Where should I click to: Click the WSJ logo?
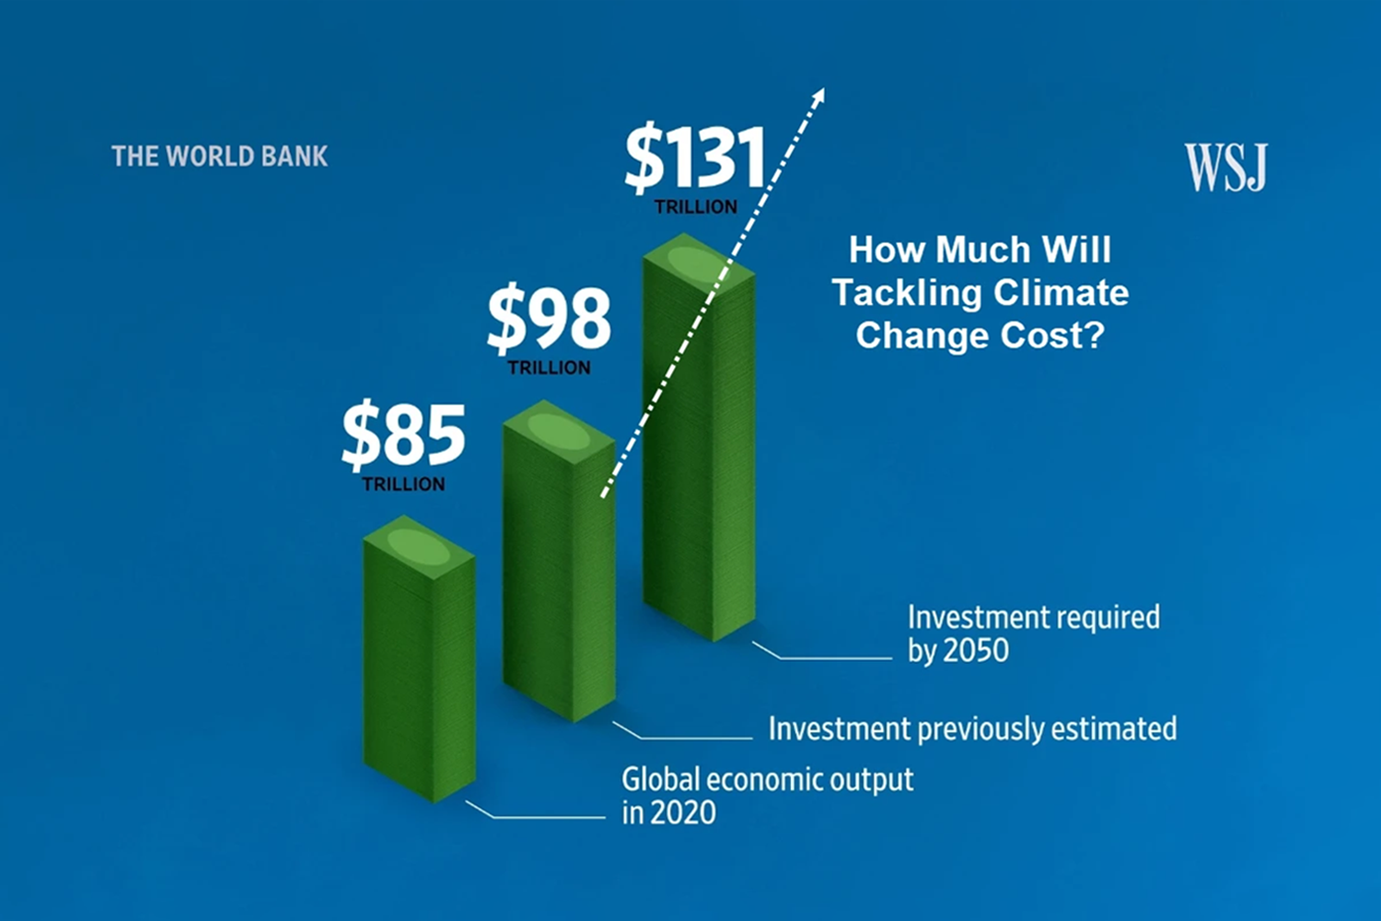[1225, 168]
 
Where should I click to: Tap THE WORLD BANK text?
[219, 157]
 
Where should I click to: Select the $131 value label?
[695, 158]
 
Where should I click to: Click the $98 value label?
[549, 320]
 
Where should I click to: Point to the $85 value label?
[403, 435]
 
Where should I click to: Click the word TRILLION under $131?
[695, 206]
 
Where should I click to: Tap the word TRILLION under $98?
[549, 367]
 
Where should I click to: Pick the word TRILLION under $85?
[403, 484]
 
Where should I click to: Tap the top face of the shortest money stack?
[419, 545]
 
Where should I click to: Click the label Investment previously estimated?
[972, 729]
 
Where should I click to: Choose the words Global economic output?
[768, 780]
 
